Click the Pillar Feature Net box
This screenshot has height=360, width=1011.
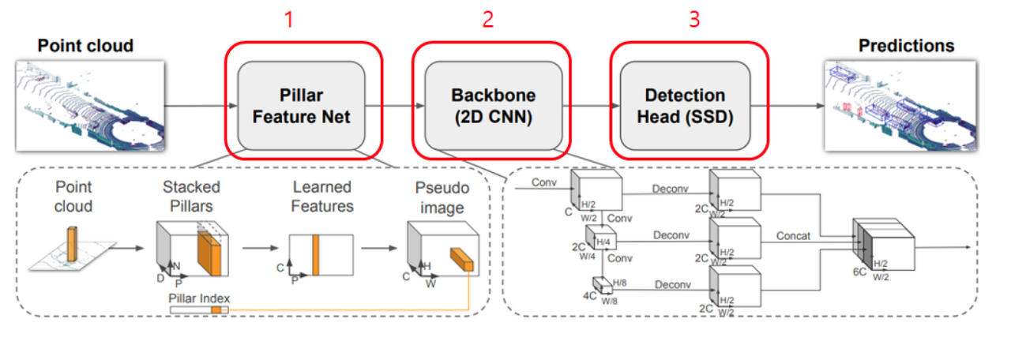click(x=302, y=105)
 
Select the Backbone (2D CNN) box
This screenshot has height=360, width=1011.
click(x=493, y=105)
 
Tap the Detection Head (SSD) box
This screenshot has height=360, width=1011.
click(x=685, y=105)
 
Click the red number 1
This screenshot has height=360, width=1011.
click(x=289, y=19)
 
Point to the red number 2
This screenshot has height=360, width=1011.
click(x=488, y=19)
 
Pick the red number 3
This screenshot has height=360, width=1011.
click(x=694, y=19)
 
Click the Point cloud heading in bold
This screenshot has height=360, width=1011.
click(x=85, y=46)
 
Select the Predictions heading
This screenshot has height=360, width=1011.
click(x=906, y=46)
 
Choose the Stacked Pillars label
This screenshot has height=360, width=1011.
click(x=191, y=197)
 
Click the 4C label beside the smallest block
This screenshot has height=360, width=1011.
click(x=589, y=297)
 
